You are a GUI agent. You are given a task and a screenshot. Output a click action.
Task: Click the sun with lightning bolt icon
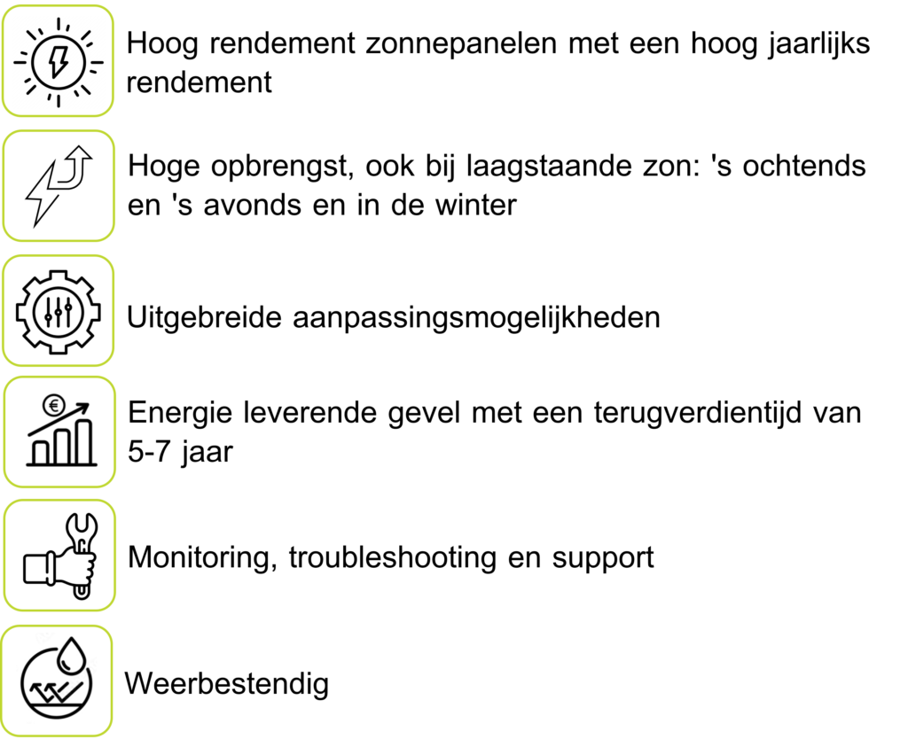click(58, 62)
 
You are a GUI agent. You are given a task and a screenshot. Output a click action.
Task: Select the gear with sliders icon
click(58, 312)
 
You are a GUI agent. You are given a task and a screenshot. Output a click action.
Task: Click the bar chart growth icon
click(60, 431)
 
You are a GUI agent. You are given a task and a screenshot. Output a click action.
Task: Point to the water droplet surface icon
click(57, 678)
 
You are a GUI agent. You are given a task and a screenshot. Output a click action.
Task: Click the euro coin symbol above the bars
click(54, 406)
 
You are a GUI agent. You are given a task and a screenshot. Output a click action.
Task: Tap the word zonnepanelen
click(461, 44)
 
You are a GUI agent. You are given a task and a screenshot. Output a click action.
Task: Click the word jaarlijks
click(818, 44)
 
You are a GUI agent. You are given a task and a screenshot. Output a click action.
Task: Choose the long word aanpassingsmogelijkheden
click(476, 318)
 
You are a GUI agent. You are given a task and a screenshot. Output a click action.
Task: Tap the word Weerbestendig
click(227, 684)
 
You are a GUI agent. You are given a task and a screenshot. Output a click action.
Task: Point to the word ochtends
click(803, 166)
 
